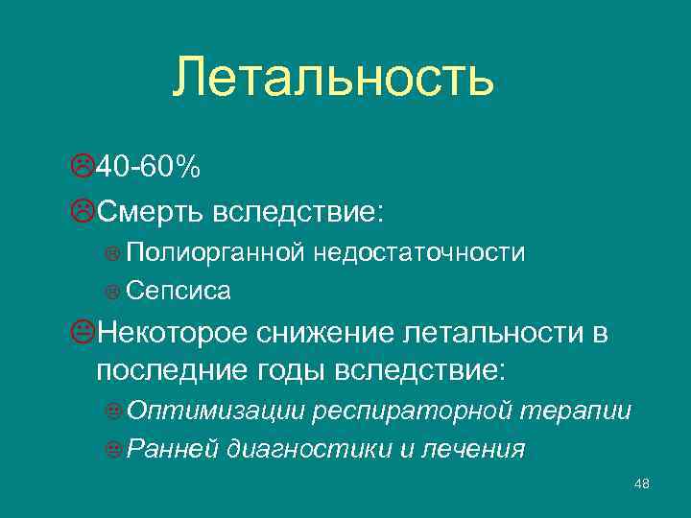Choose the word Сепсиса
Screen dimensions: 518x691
(178, 289)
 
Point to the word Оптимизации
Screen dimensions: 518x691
(217, 412)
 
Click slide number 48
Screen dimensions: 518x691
(642, 483)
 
